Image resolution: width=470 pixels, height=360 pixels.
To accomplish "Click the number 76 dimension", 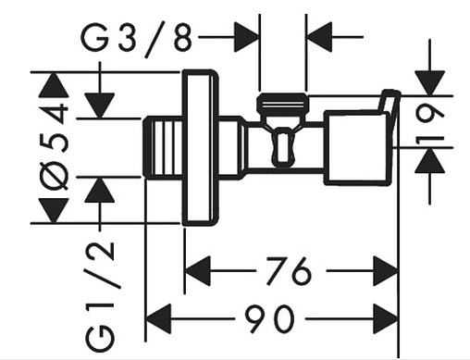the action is [x=289, y=271].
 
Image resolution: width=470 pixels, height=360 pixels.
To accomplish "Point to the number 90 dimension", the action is [x=268, y=318].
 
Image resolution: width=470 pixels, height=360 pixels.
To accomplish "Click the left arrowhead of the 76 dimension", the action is [x=197, y=271].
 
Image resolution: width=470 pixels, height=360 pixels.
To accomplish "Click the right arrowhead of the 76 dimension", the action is [x=385, y=271].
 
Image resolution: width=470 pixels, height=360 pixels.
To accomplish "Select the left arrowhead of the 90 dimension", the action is [x=158, y=318].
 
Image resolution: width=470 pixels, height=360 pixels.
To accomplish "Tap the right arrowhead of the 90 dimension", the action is [x=386, y=318].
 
